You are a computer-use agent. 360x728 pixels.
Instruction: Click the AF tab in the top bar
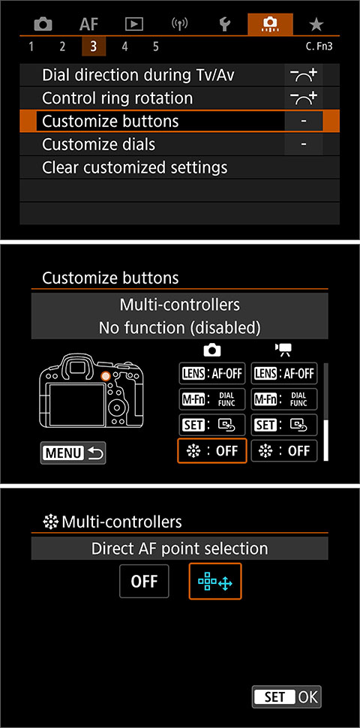coord(88,24)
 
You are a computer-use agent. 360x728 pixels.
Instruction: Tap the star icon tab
coord(316,24)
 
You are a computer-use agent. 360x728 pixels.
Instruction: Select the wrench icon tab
coord(224,24)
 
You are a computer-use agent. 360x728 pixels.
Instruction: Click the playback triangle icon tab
coord(133,24)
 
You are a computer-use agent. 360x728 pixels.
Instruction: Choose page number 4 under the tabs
coord(124,47)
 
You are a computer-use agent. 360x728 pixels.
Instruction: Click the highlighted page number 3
coord(93,47)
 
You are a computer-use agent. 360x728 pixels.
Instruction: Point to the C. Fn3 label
coord(320,47)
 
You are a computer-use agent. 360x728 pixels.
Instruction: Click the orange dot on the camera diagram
coord(106,375)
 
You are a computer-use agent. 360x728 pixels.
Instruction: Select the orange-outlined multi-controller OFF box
coord(212,451)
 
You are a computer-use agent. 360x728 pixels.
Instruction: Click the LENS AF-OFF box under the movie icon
coord(284,373)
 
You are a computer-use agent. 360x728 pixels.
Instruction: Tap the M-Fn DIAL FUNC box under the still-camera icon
coord(212,399)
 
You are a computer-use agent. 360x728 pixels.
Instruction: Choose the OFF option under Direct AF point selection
coord(145,582)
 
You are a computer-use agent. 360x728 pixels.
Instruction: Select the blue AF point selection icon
coord(216,582)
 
